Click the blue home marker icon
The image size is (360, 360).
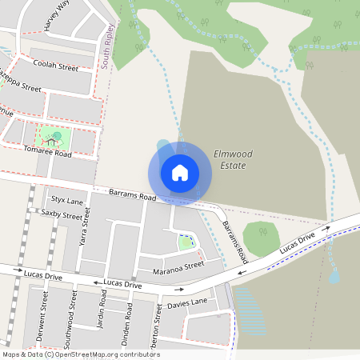(180, 172)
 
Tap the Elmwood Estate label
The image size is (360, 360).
(230, 159)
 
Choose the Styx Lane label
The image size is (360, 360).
(67, 200)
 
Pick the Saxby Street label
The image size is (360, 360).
(62, 215)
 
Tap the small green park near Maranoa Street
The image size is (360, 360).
(186, 242)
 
